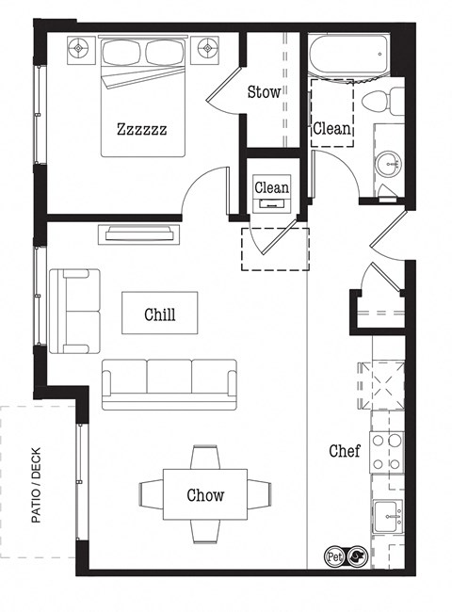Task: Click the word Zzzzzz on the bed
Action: pos(141,129)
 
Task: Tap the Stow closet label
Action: pos(264,92)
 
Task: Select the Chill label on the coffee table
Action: pos(159,314)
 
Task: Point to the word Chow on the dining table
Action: pos(205,494)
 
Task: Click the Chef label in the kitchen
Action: pos(344,451)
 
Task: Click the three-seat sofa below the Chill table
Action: pos(169,381)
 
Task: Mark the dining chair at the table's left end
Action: pos(151,493)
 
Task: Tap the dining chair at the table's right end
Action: pos(260,493)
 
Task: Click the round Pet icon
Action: pos(333,556)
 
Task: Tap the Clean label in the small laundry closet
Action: pos(271,187)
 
